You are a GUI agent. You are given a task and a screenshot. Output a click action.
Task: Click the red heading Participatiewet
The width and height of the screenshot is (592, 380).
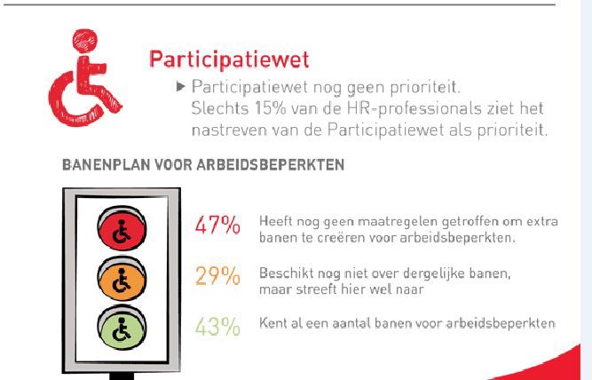229,59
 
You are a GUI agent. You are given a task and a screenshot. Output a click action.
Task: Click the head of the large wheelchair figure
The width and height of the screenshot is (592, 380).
85,40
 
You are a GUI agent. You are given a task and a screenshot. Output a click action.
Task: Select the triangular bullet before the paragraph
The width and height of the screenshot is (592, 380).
180,87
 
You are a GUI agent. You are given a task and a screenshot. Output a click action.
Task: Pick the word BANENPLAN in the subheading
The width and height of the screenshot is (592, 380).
107,165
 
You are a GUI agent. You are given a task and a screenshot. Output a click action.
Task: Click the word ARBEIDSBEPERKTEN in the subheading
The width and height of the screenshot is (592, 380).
271,165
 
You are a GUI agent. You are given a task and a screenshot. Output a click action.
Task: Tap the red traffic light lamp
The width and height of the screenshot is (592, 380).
122,228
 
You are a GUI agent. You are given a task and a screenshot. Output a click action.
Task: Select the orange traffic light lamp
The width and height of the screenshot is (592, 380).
122,279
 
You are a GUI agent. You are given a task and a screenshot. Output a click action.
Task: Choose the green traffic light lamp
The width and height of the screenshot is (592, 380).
122,328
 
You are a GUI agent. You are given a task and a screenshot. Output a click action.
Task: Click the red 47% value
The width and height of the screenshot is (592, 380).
217,226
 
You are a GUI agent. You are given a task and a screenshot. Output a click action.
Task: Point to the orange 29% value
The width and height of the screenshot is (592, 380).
217,276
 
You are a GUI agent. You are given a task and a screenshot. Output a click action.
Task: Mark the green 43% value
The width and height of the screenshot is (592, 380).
217,327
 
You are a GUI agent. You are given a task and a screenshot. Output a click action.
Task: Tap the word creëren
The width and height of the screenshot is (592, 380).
342,238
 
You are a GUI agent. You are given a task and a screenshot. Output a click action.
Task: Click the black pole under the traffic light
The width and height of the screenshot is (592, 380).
122,376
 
